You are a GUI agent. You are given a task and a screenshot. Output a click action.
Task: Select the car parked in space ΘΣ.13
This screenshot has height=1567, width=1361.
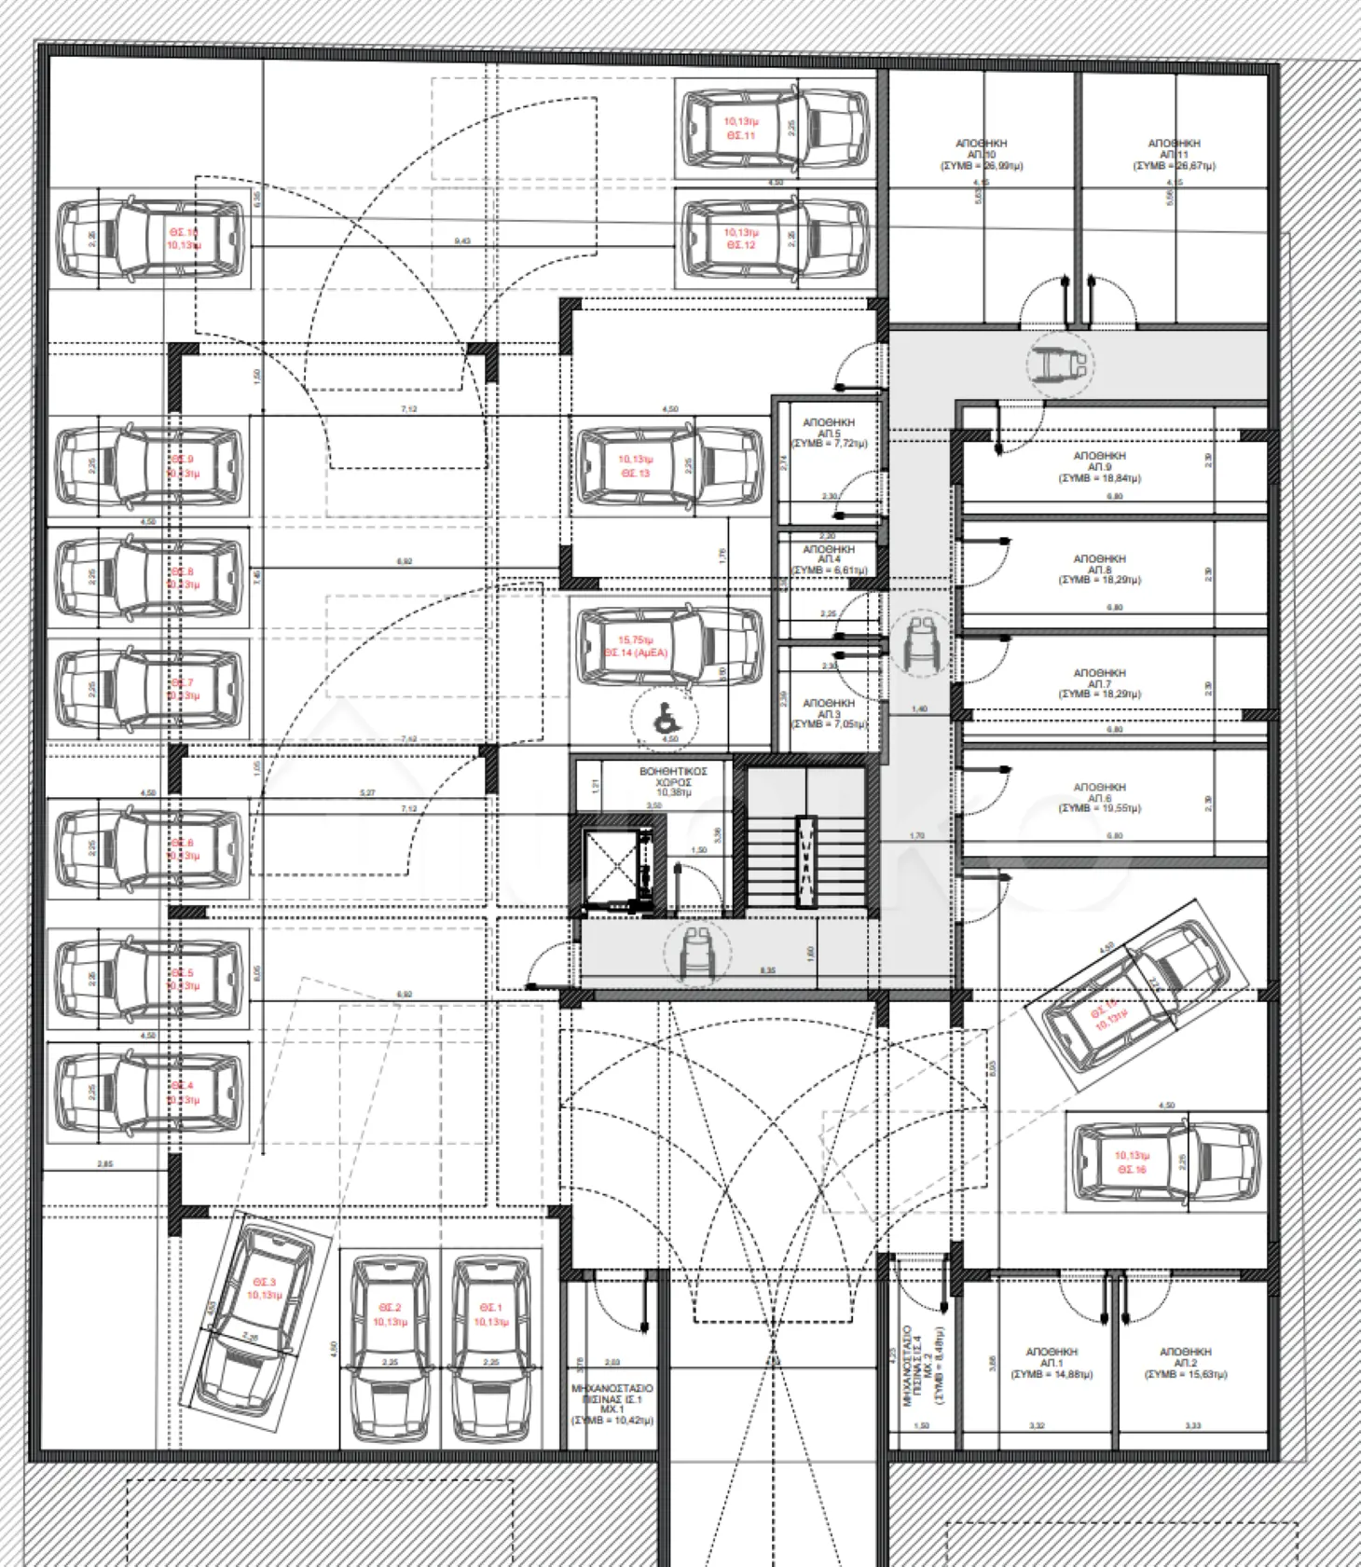pyautogui.click(x=669, y=466)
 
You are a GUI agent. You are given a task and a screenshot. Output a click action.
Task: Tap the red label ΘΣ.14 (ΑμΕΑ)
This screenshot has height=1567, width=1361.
pyautogui.click(x=636, y=647)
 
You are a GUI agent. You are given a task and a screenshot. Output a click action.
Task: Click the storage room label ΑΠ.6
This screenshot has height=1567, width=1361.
pyautogui.click(x=1099, y=798)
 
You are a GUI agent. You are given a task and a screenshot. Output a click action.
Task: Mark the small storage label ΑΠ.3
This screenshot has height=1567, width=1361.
pyautogui.click(x=828, y=713)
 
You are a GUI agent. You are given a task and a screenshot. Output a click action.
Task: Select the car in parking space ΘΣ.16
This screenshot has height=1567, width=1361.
pyautogui.click(x=1166, y=1162)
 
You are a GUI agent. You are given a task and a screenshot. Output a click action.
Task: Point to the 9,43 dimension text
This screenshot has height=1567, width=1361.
pyautogui.click(x=462, y=241)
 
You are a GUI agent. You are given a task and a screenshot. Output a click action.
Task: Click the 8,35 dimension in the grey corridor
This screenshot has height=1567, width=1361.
pyautogui.click(x=767, y=970)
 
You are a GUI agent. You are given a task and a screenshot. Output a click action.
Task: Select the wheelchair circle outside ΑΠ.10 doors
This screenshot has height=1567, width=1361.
pyautogui.click(x=1060, y=364)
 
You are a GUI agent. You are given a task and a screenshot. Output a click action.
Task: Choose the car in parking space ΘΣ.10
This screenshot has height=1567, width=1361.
pyautogui.click(x=151, y=239)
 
